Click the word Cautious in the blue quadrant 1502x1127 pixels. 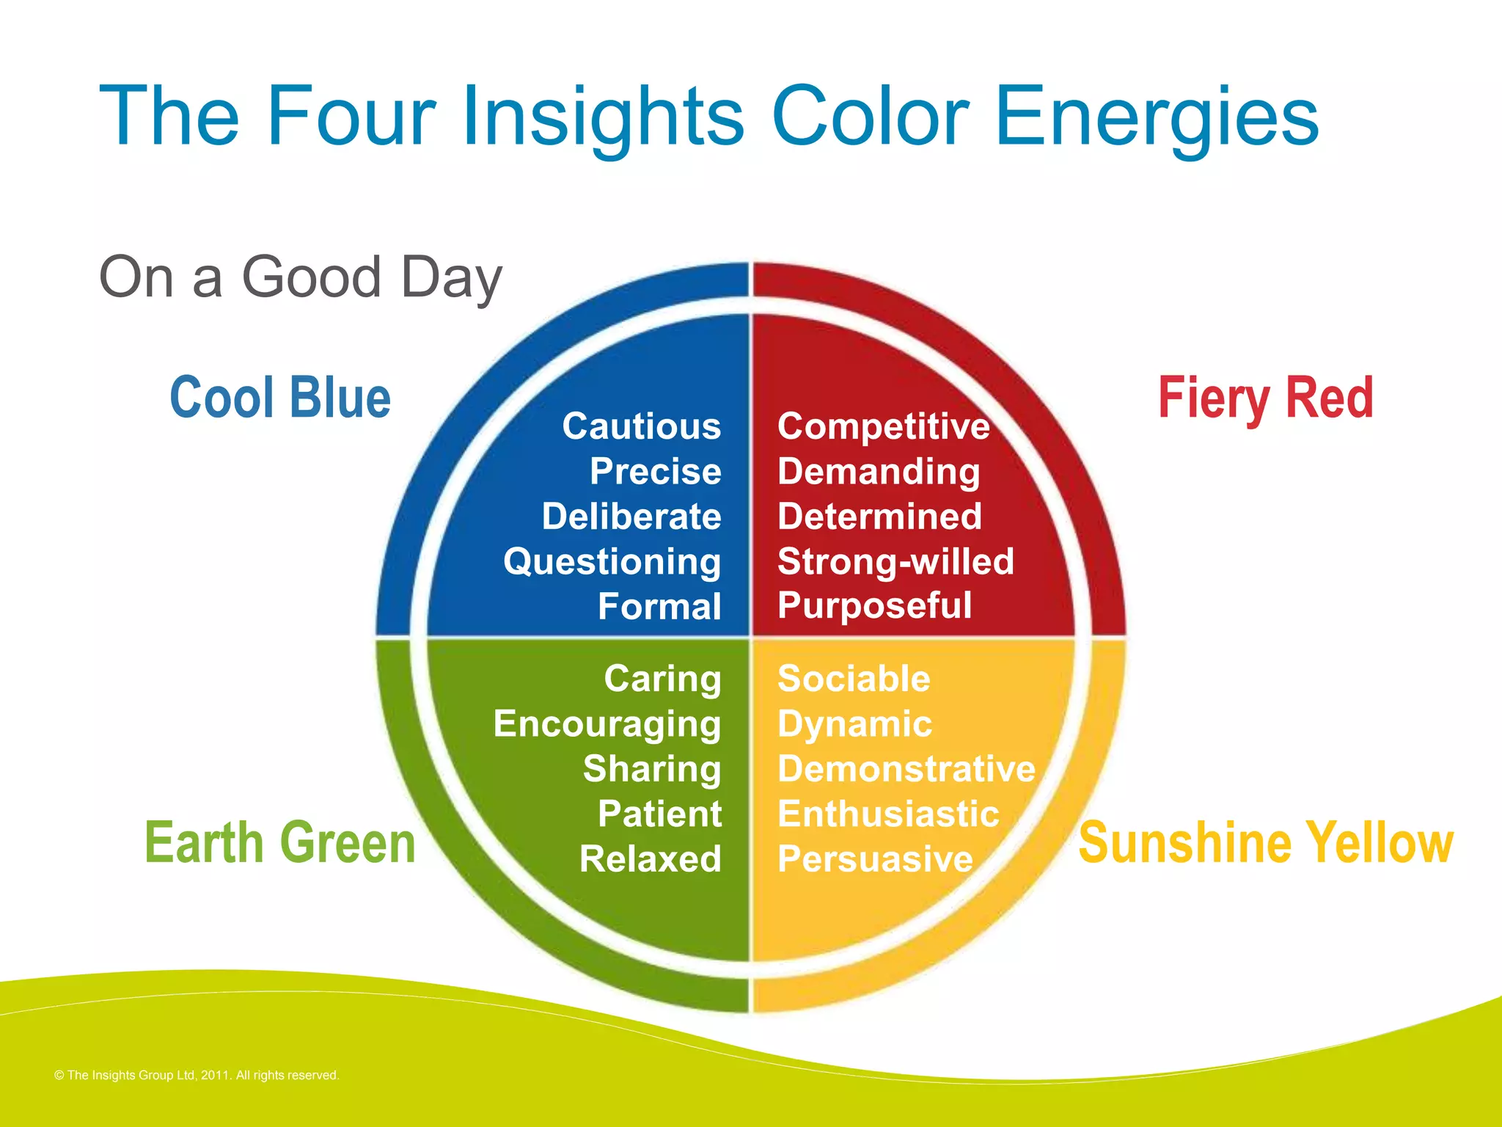[x=641, y=426]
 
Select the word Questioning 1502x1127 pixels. [x=612, y=563]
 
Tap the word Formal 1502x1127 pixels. [x=659, y=607]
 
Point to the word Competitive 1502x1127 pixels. [x=883, y=426]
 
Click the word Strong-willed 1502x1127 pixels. [x=895, y=561]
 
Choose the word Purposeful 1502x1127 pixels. [x=874, y=606]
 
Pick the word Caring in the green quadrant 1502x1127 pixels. [x=662, y=679]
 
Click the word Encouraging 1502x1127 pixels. [x=607, y=724]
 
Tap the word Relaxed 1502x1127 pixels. [x=650, y=858]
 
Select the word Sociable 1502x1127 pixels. [x=854, y=679]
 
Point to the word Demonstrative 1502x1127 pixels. [x=906, y=769]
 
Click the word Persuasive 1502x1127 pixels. [x=875, y=858]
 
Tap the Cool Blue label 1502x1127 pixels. [x=280, y=398]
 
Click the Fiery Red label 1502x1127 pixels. [x=1265, y=398]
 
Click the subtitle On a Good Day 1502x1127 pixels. [x=301, y=277]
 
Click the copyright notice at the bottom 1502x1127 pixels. [x=197, y=1075]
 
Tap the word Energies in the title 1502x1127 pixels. [x=1157, y=117]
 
